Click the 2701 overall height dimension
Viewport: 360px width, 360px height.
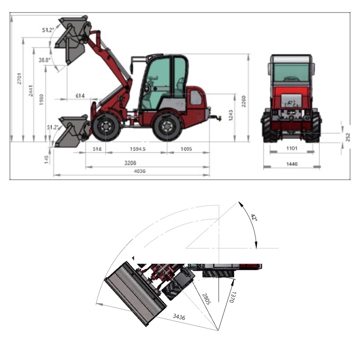pos(19,79)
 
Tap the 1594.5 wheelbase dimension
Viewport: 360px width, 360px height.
pos(138,149)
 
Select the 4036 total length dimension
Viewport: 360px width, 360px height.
pos(140,171)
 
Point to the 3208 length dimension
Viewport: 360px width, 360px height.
pos(130,163)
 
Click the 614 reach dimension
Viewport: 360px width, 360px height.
pos(80,96)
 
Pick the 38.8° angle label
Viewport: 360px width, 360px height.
pos(44,60)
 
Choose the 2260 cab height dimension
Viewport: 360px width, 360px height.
pos(244,101)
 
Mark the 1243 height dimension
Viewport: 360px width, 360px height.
pos(231,115)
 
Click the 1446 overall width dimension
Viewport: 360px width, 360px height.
pos(292,164)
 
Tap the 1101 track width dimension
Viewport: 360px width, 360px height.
pos(292,148)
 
